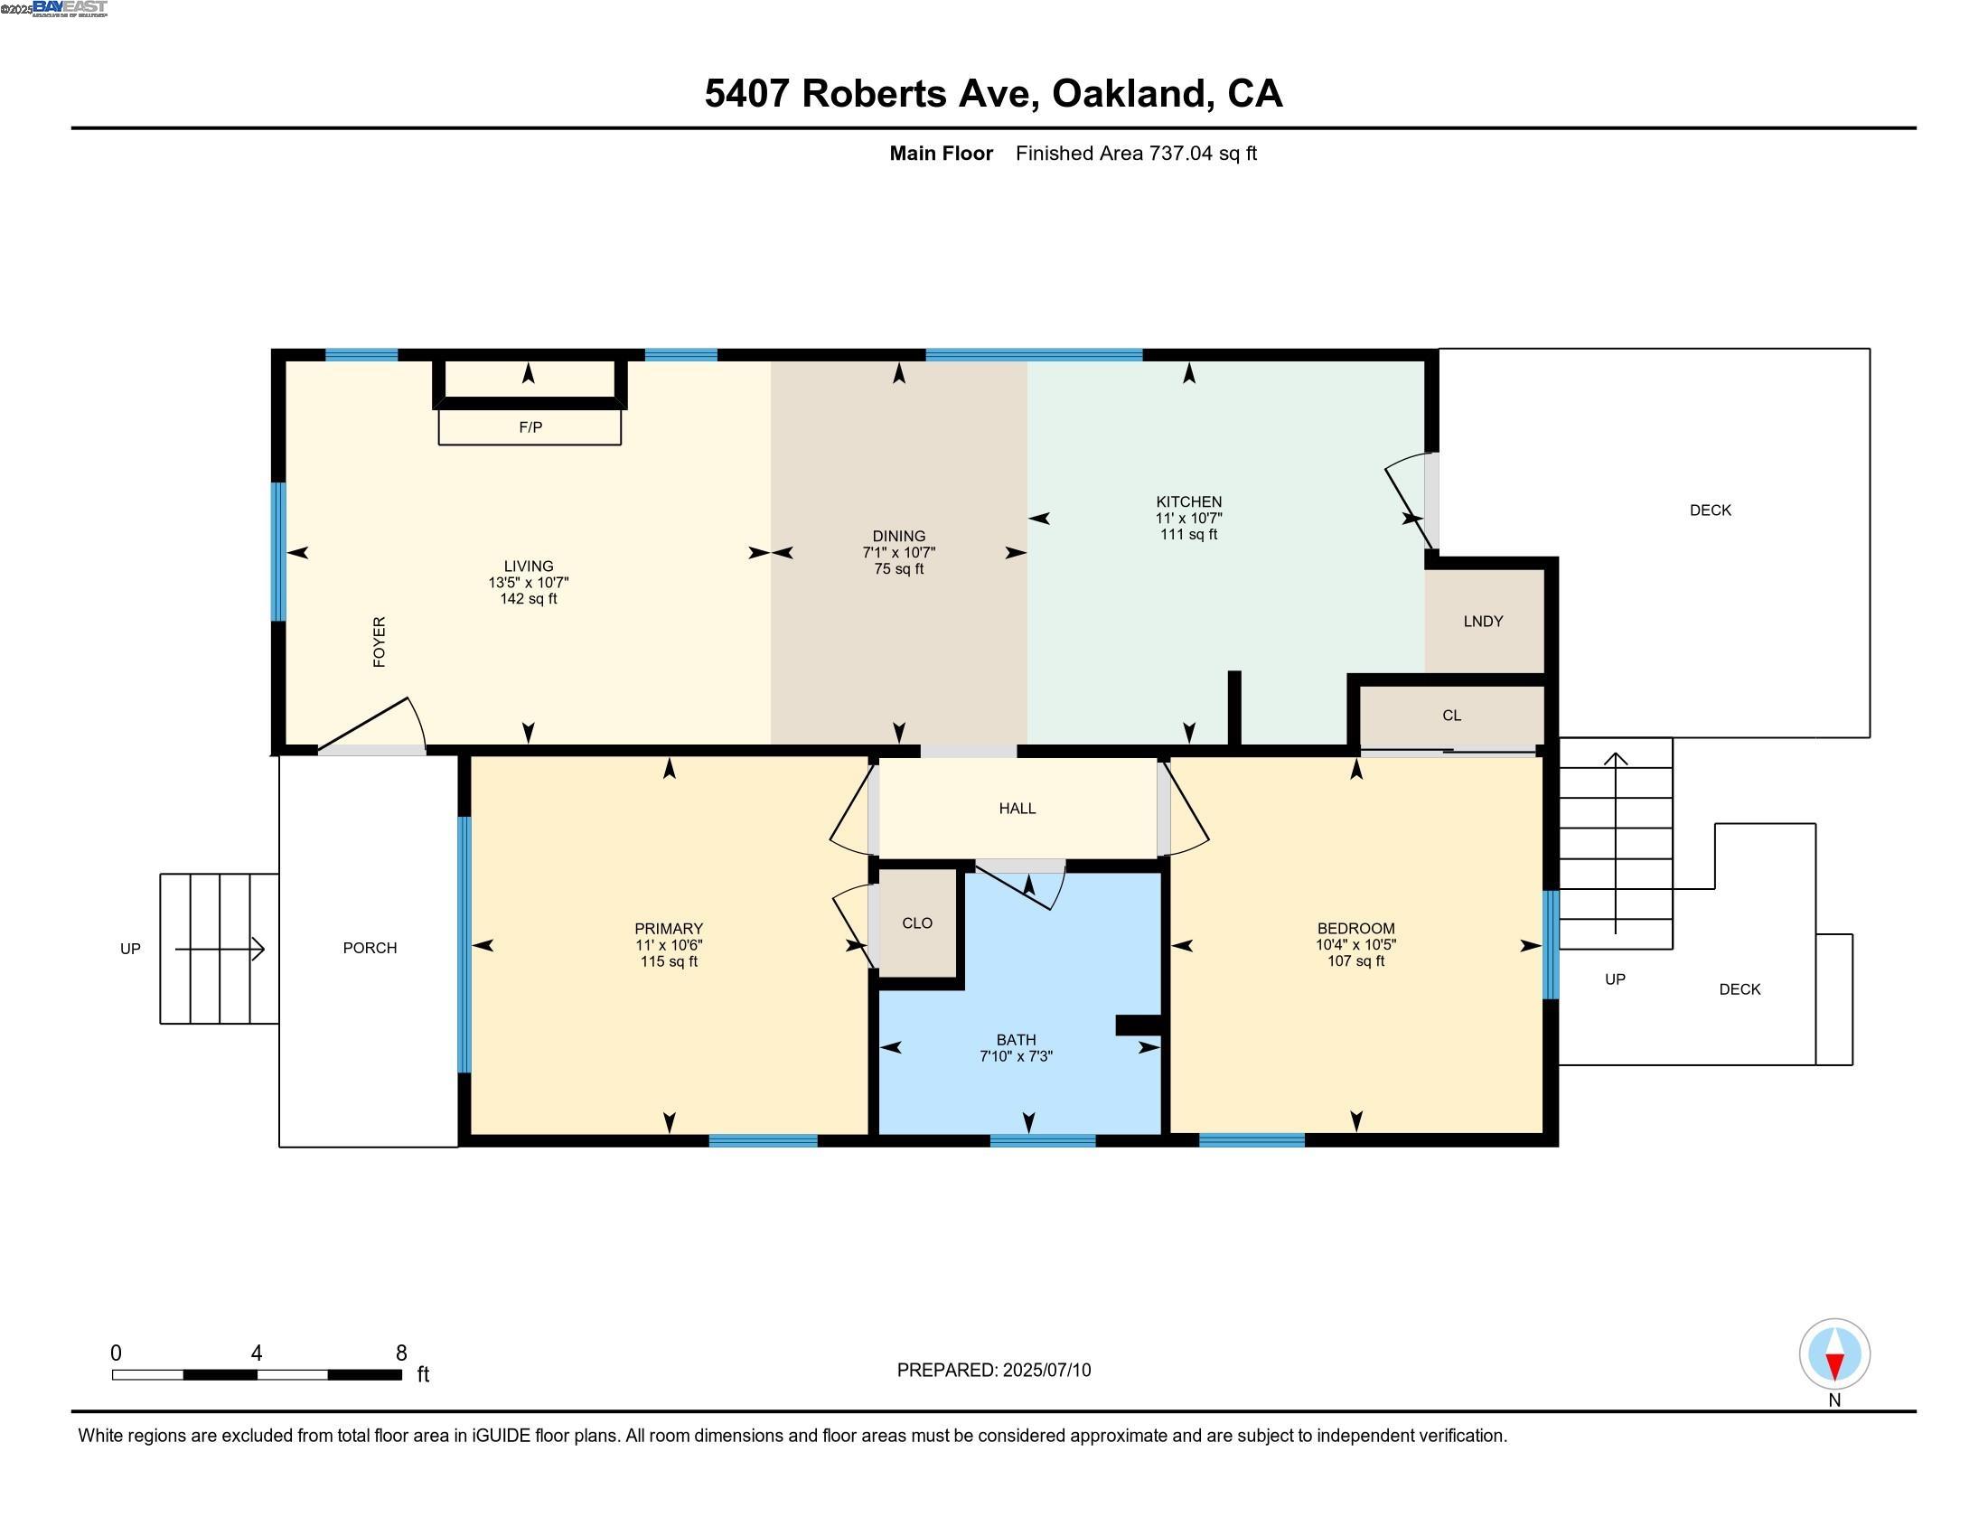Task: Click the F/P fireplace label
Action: (x=530, y=426)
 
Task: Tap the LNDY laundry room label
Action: (x=1483, y=622)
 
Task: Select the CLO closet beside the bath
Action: (x=916, y=923)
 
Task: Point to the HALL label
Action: (x=1017, y=808)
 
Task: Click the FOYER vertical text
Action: (x=380, y=642)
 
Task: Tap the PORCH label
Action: (x=370, y=948)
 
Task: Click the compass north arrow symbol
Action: (x=1834, y=1354)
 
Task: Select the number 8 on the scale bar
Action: (x=401, y=1353)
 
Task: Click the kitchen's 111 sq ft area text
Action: (x=1189, y=534)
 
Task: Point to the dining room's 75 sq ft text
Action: (x=898, y=568)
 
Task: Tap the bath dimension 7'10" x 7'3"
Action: (x=1016, y=1056)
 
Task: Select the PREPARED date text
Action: (x=994, y=1370)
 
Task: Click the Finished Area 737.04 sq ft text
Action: (x=1136, y=153)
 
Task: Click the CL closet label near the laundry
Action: (x=1452, y=716)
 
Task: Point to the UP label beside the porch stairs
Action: (x=130, y=949)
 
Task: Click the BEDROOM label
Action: (x=1355, y=929)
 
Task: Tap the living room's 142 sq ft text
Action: (x=528, y=599)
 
